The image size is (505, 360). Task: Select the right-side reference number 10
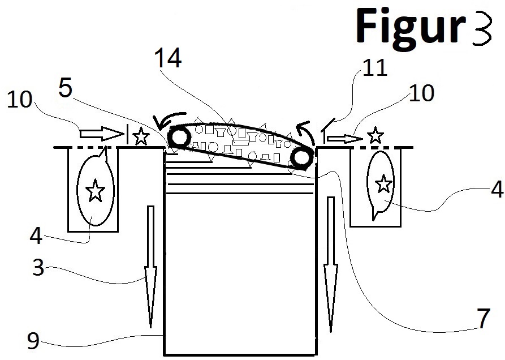point(421,92)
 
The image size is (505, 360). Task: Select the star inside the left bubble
point(94,192)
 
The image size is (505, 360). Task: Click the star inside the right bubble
point(384,183)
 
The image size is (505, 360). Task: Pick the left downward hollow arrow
point(151,266)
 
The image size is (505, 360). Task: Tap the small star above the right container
point(374,136)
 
